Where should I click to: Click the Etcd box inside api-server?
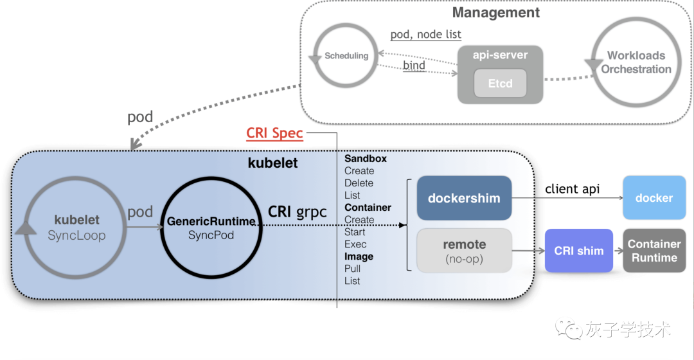(500, 83)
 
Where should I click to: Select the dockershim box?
(465, 198)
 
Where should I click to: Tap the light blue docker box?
(654, 197)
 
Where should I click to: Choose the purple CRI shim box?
(579, 251)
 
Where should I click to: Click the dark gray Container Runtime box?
(654, 251)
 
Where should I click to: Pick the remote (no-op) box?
(465, 251)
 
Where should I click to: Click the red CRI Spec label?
(274, 133)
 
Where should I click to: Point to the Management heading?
(495, 13)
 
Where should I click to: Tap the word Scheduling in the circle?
(346, 56)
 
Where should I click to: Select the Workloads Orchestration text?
(636, 62)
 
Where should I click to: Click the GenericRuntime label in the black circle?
(211, 221)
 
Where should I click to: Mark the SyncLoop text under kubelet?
(76, 235)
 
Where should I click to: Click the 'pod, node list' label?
(426, 35)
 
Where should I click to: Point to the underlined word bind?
(414, 66)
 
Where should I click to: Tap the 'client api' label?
(573, 189)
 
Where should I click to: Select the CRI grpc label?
(298, 212)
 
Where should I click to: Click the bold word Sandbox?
(366, 159)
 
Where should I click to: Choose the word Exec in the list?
(355, 244)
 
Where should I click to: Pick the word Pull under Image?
(352, 268)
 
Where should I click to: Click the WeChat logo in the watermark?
(569, 329)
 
